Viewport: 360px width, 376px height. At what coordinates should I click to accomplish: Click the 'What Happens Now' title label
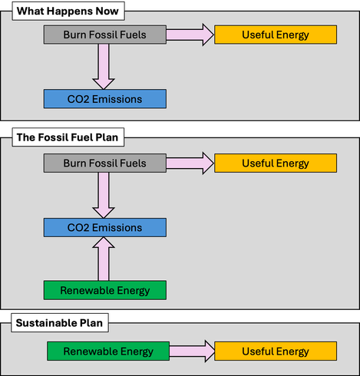tap(68, 11)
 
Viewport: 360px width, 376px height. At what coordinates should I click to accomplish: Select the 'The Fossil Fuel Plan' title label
tap(68, 137)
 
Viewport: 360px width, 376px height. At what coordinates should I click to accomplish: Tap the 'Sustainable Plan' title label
tap(60, 323)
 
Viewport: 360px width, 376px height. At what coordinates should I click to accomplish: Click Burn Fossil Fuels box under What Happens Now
tap(105, 35)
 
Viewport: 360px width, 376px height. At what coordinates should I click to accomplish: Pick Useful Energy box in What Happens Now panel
tap(276, 35)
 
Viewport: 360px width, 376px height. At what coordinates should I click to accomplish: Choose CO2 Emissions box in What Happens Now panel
tap(105, 99)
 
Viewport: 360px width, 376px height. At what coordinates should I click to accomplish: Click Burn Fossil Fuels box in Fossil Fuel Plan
tap(105, 163)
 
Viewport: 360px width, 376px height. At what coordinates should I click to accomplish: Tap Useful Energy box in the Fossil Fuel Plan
tap(276, 163)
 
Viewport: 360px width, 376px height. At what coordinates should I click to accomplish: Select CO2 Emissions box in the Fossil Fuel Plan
tap(105, 227)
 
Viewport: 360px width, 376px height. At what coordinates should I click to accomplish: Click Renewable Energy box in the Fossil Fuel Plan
tap(105, 290)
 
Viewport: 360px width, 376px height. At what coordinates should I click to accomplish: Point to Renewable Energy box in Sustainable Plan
tap(108, 351)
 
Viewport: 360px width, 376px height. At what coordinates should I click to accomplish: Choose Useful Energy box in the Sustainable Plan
tap(276, 351)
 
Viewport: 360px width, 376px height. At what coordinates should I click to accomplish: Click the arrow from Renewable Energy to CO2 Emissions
tap(104, 259)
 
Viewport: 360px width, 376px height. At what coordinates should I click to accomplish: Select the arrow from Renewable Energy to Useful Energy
tap(192, 351)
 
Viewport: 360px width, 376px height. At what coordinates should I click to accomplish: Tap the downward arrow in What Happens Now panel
tap(104, 67)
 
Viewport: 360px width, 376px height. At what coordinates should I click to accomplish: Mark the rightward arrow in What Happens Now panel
tap(190, 35)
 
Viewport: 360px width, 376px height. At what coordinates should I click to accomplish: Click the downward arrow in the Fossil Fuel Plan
tap(104, 195)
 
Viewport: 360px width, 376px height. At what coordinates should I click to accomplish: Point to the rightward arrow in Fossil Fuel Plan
tap(190, 163)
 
